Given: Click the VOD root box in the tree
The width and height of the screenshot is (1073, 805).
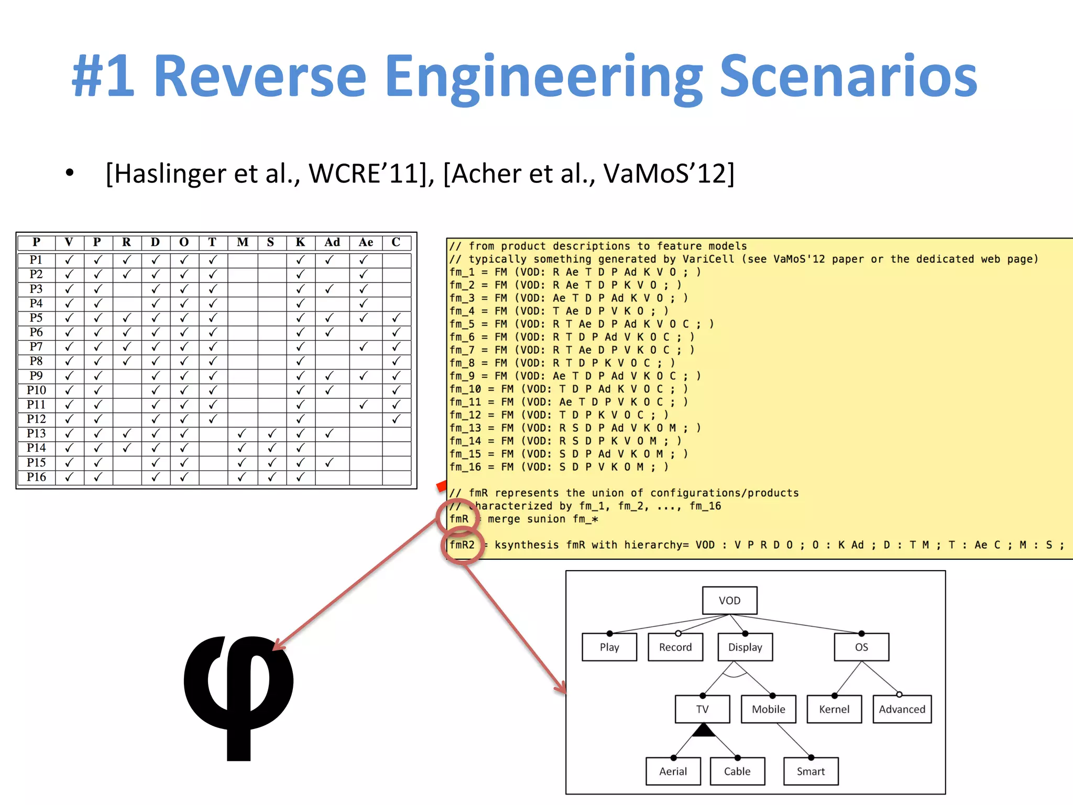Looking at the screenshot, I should pyautogui.click(x=729, y=600).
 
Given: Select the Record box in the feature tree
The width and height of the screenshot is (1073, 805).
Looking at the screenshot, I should pyautogui.click(x=675, y=647).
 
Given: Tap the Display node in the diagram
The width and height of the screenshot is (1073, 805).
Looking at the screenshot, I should pyautogui.click(x=745, y=647).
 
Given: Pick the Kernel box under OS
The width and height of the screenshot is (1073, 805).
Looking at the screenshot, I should pyautogui.click(x=834, y=709).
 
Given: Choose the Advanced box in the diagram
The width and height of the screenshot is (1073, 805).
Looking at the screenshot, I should pyautogui.click(x=902, y=709).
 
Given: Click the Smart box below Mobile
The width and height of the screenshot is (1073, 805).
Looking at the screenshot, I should pyautogui.click(x=811, y=771).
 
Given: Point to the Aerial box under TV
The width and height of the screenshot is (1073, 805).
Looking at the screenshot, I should pyautogui.click(x=673, y=771).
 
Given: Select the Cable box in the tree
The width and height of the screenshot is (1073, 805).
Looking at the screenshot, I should pyautogui.click(x=737, y=771).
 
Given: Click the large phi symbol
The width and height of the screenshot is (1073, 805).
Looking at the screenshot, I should pyautogui.click(x=238, y=692).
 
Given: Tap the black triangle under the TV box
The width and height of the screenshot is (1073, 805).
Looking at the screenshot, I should pyautogui.click(x=703, y=731).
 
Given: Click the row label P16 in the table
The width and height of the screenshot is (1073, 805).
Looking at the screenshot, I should pyautogui.click(x=36, y=477).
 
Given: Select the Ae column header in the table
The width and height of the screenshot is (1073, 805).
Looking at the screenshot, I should pyautogui.click(x=366, y=242).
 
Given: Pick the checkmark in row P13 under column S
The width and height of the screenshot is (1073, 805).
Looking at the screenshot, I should pyautogui.click(x=271, y=433).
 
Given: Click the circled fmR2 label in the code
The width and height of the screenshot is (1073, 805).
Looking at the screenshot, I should pyautogui.click(x=462, y=545).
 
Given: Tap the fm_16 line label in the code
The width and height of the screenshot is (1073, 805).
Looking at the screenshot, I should pyautogui.click(x=465, y=467).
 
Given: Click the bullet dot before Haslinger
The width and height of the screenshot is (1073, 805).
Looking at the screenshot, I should pyautogui.click(x=70, y=173).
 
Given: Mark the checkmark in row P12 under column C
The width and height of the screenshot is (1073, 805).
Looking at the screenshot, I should pyautogui.click(x=396, y=419).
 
